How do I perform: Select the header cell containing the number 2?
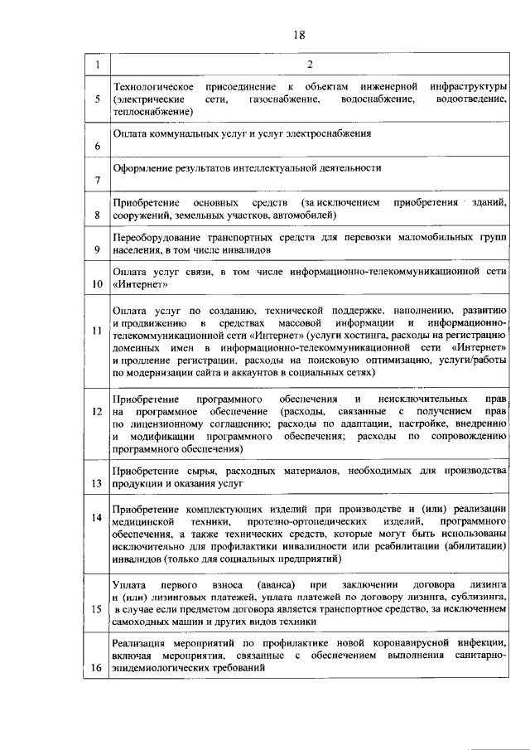(308, 65)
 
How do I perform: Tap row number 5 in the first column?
(98, 99)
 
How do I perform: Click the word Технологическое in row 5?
(153, 87)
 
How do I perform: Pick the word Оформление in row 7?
(141, 167)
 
